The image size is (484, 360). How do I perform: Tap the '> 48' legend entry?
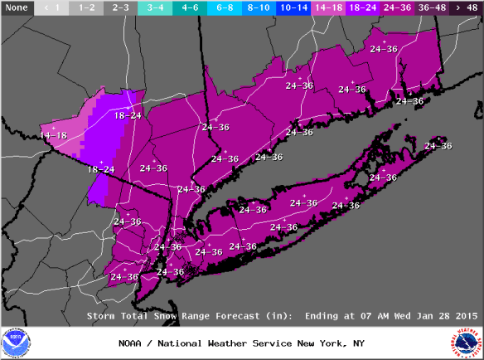click(465, 7)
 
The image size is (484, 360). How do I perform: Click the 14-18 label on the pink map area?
click(53, 134)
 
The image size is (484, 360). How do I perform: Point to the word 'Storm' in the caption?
click(102, 315)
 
